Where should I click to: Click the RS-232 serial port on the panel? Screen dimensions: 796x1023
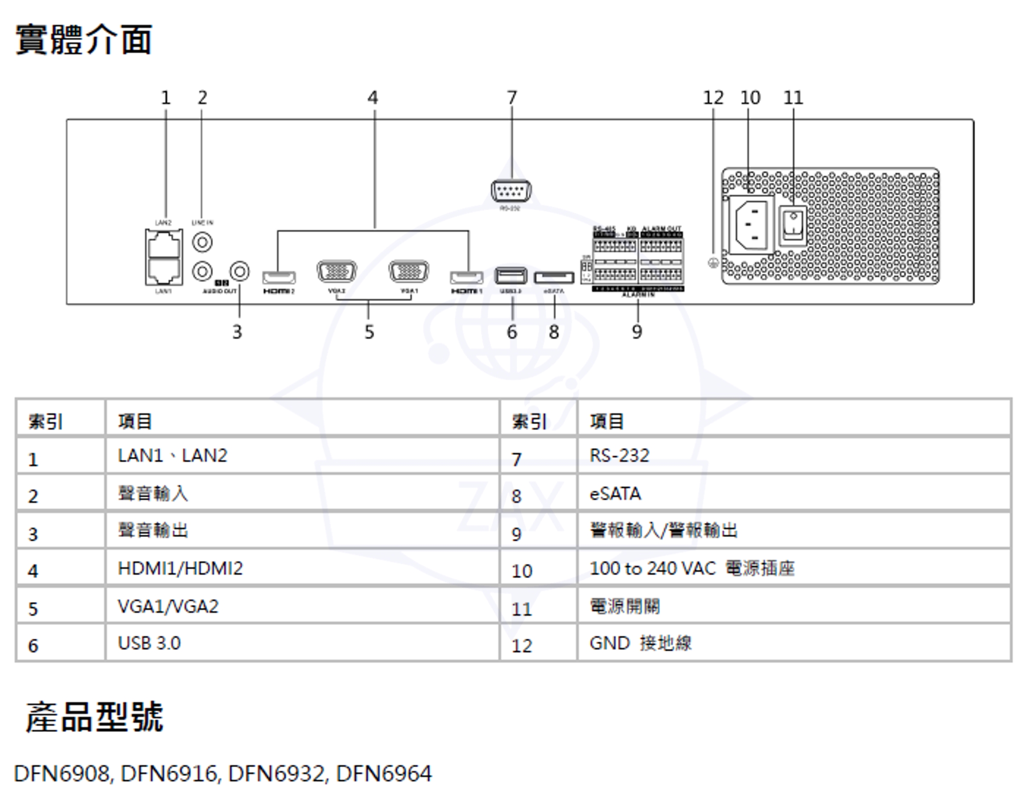511,191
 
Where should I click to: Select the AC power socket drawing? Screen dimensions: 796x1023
751,224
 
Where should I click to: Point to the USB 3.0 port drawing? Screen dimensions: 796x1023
511,275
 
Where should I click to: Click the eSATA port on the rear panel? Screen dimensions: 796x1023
554,278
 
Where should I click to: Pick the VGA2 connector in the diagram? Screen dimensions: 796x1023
336,271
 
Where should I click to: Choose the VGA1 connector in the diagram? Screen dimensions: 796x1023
408,271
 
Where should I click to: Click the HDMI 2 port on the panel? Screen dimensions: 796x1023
279,278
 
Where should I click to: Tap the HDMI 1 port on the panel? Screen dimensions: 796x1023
467,278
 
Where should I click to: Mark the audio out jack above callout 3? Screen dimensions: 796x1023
240,271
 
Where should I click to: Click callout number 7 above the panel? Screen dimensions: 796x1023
511,98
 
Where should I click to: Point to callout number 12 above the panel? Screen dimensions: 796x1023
713,98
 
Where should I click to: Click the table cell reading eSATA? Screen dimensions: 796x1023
615,493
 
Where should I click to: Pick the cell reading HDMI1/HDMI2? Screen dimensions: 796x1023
180,568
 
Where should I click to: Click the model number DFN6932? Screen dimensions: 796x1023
276,773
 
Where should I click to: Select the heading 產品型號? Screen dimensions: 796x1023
95,717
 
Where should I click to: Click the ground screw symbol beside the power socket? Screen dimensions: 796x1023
713,263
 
